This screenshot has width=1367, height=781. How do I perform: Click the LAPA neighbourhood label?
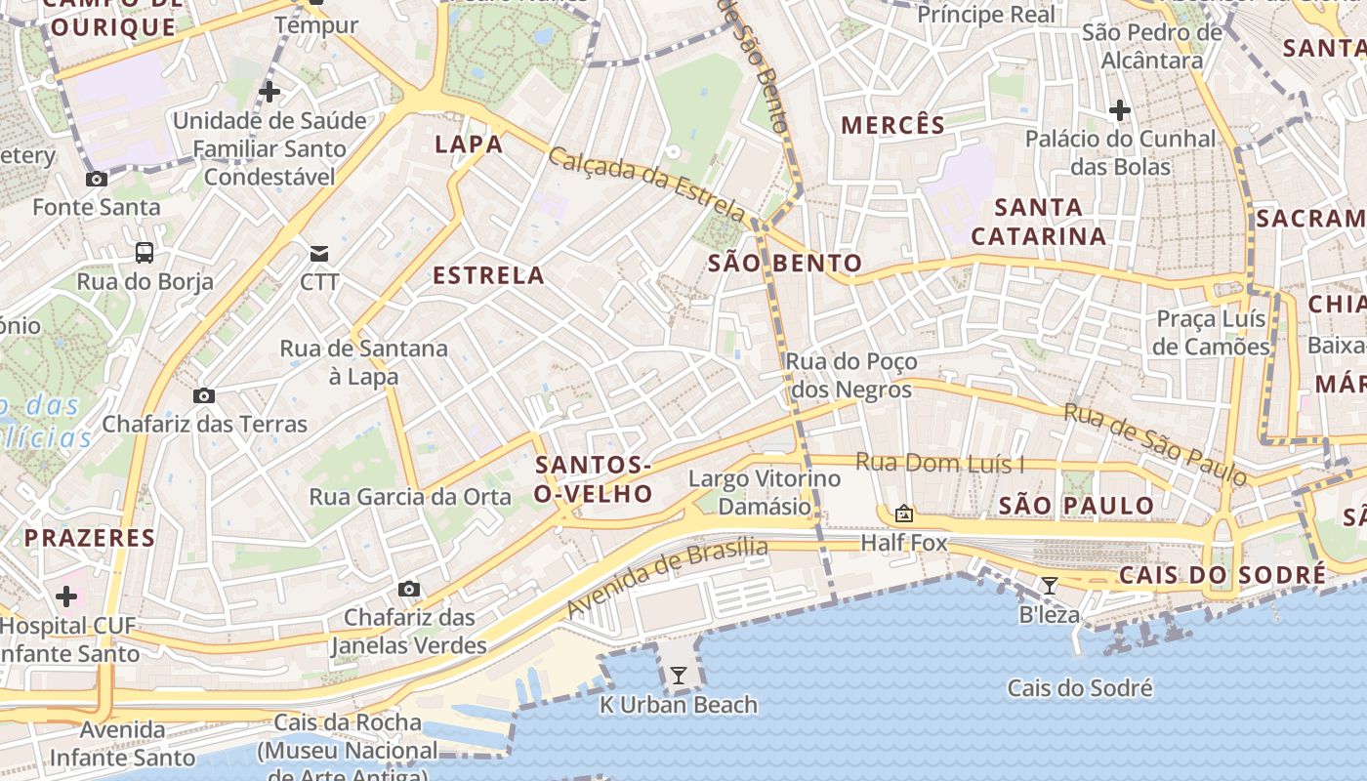click(x=469, y=144)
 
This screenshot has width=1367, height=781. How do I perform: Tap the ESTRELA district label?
click(x=488, y=275)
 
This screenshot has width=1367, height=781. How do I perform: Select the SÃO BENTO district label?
click(x=785, y=263)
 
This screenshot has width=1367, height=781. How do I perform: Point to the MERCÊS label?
click(x=892, y=125)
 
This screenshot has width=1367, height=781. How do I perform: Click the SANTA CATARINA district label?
click(x=1039, y=222)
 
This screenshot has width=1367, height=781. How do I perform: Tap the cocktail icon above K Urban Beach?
click(x=678, y=675)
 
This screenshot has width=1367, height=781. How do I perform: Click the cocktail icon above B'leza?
click(x=1049, y=586)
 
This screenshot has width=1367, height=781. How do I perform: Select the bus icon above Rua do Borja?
click(x=145, y=253)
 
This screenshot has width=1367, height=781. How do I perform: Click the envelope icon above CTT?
click(x=319, y=254)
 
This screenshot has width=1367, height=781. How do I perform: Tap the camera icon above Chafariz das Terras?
click(x=204, y=395)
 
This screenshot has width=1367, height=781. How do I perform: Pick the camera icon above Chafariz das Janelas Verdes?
click(x=409, y=589)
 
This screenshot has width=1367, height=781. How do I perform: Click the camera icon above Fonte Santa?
click(x=97, y=179)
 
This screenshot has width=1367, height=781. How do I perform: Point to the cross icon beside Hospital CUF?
click(x=66, y=596)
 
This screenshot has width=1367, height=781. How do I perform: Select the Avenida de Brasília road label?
click(x=667, y=577)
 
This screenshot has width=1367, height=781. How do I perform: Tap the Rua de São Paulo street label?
click(x=1155, y=444)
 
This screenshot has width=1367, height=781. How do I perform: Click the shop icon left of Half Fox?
click(x=904, y=513)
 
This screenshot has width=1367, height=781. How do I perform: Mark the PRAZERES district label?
click(x=90, y=538)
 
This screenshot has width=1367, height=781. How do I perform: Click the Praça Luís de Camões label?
click(x=1211, y=333)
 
